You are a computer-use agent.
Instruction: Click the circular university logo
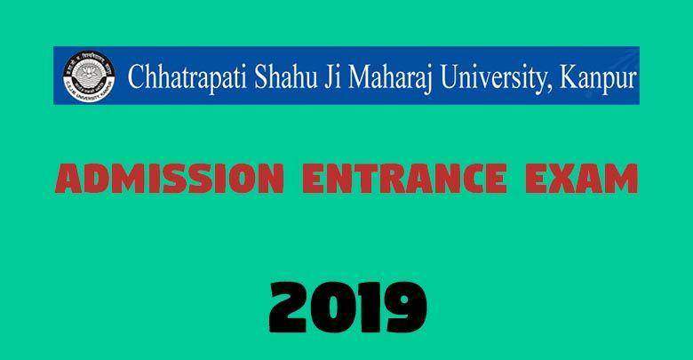click(89, 76)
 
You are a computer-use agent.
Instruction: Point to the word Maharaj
click(390, 78)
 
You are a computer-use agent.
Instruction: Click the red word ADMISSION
click(170, 179)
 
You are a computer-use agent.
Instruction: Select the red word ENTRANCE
click(404, 179)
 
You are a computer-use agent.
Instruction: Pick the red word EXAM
click(581, 179)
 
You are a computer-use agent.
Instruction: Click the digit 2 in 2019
click(288, 308)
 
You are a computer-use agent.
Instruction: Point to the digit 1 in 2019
click(368, 308)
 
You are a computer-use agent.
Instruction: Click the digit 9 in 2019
click(406, 308)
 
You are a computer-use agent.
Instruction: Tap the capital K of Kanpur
click(570, 76)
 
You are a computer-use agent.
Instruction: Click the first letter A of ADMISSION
click(68, 179)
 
